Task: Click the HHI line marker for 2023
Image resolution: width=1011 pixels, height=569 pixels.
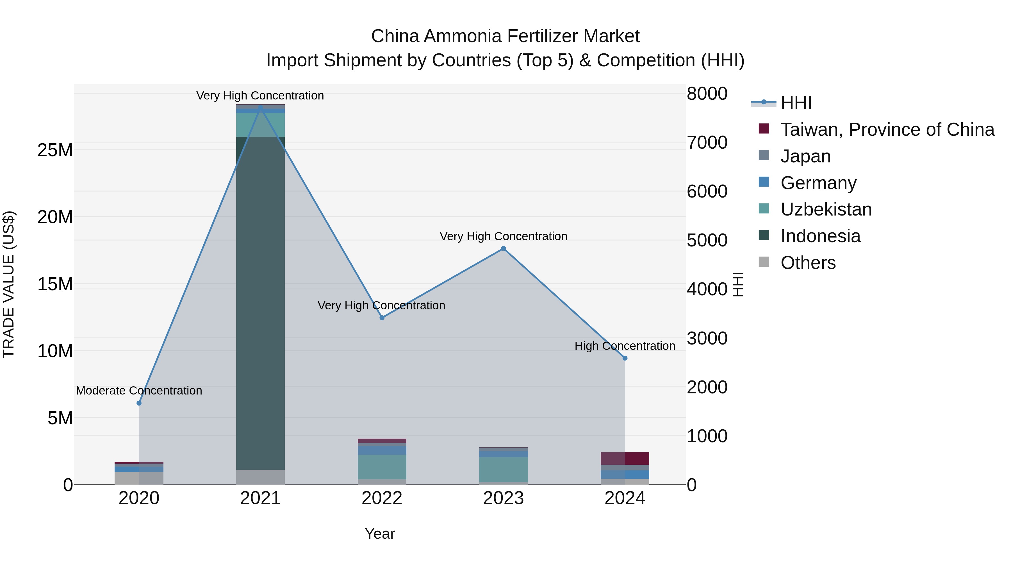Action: coord(504,249)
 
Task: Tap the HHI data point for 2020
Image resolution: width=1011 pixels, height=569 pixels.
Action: coord(139,403)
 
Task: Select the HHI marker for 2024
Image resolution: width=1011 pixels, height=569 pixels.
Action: coord(625,358)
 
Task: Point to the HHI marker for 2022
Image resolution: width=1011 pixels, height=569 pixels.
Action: coord(382,318)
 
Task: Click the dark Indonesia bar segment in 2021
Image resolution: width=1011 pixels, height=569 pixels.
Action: coord(260,302)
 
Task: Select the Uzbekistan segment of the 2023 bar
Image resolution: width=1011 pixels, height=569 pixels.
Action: coord(504,469)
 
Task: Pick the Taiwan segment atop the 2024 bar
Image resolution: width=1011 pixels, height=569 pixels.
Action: coord(625,458)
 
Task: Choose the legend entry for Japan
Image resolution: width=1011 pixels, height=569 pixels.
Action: coord(805,156)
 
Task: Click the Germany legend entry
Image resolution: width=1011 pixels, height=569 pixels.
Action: coord(818,183)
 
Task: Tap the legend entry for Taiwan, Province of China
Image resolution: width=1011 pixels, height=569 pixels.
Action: coord(887,130)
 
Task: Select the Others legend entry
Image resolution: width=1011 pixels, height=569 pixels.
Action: coord(808,263)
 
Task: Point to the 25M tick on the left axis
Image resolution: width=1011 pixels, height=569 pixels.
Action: coord(55,150)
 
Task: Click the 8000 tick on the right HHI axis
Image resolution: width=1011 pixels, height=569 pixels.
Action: coord(707,94)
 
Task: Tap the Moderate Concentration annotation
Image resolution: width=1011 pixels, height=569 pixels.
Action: coord(139,391)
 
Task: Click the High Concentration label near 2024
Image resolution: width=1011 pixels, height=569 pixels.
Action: coord(625,346)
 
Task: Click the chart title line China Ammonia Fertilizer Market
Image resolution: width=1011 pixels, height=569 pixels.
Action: coord(505,36)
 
